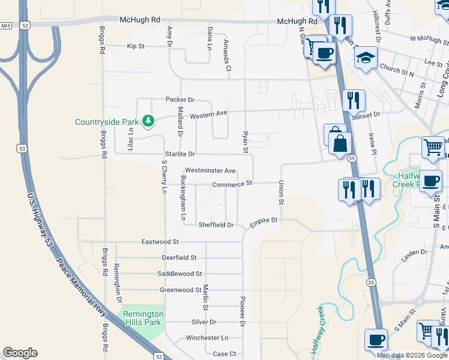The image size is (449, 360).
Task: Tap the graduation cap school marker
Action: click(x=364, y=59)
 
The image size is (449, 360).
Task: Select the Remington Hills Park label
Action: click(x=142, y=317)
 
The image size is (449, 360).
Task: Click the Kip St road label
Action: click(x=136, y=46)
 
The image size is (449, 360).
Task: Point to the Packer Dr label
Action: click(x=180, y=100)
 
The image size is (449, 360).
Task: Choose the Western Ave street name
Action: click(x=209, y=113)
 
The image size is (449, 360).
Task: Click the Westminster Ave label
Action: click(x=210, y=170)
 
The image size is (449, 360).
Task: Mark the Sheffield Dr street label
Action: click(x=216, y=225)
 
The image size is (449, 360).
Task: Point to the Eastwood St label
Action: click(x=160, y=242)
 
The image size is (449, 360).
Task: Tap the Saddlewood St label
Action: click(x=179, y=274)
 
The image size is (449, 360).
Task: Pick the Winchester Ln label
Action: click(x=207, y=338)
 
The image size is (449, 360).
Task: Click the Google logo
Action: click(x=20, y=353)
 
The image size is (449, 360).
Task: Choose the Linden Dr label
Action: click(x=414, y=255)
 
